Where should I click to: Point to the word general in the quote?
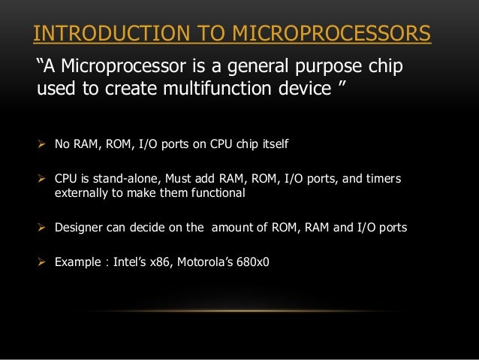click(249, 68)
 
